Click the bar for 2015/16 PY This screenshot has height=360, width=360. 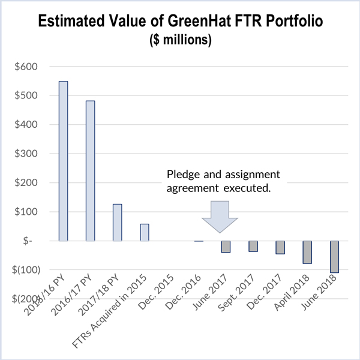63,161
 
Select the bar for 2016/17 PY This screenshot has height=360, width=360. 90,170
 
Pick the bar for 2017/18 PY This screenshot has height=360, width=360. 118,222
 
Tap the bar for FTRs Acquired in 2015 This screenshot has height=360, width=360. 145,232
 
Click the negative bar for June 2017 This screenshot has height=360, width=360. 226,247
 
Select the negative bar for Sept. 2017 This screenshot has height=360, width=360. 253,246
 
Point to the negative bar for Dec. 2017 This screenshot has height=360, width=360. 280,247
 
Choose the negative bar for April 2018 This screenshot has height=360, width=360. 307,252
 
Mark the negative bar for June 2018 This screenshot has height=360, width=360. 334,257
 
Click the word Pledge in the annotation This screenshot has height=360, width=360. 182,175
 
